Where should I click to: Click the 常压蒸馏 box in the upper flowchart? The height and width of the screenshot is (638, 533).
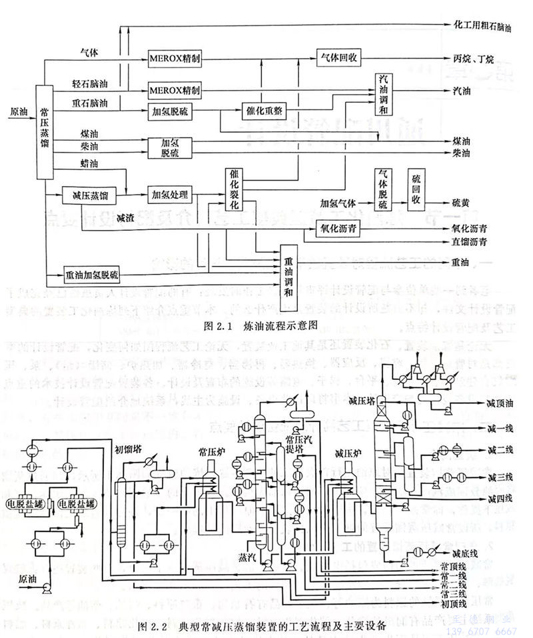point(43,132)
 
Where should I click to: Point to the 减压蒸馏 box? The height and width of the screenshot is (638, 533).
point(85,196)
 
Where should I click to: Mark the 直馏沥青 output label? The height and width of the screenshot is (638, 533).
point(469,241)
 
